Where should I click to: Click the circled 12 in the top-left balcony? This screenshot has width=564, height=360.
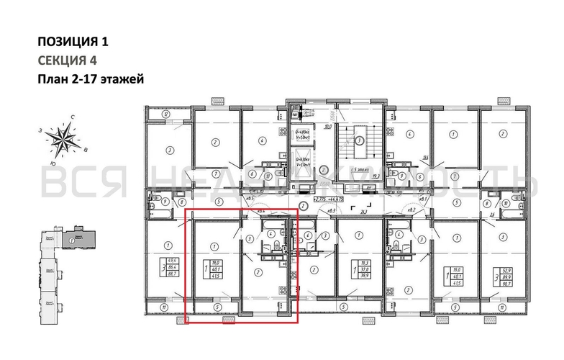point(165,114)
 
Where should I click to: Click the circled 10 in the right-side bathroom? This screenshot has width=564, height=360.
point(506,204)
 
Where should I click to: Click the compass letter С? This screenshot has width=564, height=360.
point(73,117)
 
